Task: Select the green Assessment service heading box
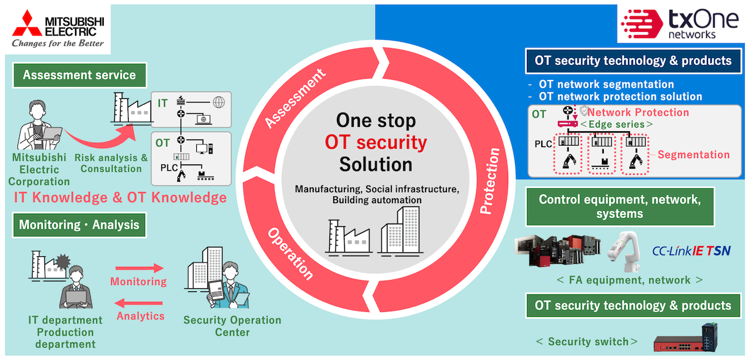(79, 76)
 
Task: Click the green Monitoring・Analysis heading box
(79, 224)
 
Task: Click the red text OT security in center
(376, 142)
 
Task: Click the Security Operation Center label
(232, 326)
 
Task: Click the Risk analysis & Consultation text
(111, 163)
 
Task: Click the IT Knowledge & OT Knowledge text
(120, 198)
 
